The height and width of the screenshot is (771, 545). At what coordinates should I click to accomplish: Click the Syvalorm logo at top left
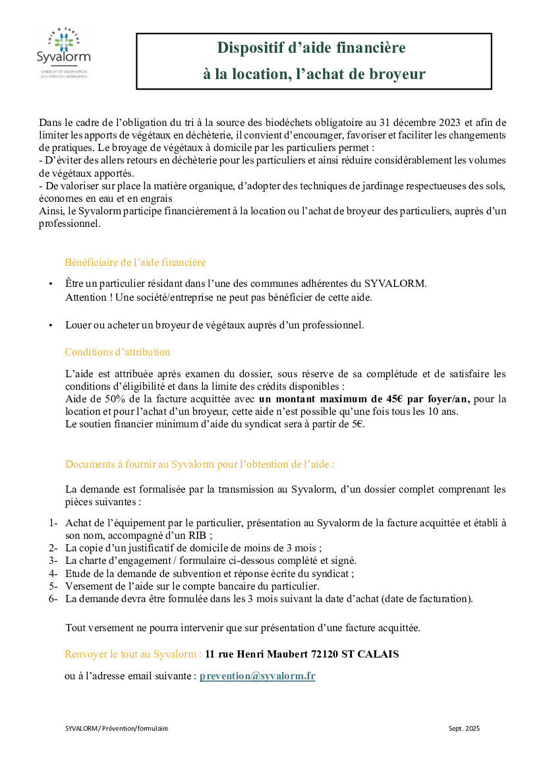click(x=63, y=53)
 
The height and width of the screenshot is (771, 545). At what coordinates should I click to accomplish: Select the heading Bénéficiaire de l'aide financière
click(x=135, y=262)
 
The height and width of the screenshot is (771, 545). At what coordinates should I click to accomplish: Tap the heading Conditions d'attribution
click(x=117, y=352)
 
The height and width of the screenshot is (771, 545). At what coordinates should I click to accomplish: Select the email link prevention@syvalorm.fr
click(x=257, y=676)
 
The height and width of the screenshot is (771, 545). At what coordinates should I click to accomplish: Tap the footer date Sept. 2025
click(x=464, y=729)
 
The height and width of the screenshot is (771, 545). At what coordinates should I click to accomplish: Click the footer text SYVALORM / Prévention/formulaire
click(x=117, y=729)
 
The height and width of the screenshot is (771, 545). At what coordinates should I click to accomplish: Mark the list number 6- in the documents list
click(x=53, y=599)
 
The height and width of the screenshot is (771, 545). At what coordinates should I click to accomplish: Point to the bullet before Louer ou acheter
click(x=51, y=326)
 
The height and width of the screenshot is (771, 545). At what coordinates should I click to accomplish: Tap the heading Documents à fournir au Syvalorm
click(x=199, y=464)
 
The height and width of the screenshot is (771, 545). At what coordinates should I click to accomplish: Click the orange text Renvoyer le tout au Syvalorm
click(x=132, y=654)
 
